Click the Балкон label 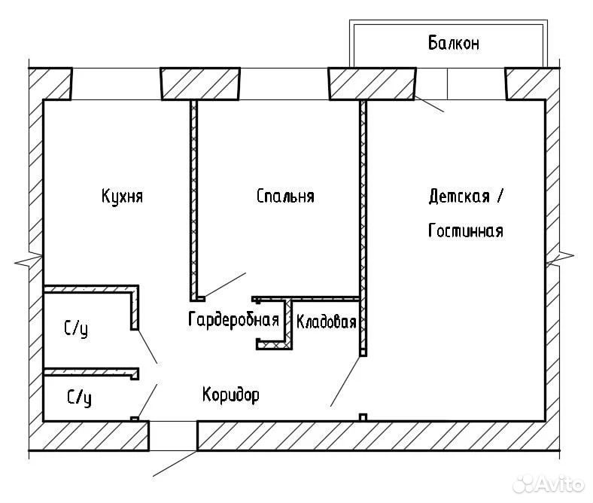[x=454, y=43]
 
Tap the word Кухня [x=122, y=196]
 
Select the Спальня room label [x=285, y=196]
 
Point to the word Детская [x=459, y=196]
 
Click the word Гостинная [x=466, y=230]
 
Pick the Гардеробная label [x=233, y=320]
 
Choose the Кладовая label [x=326, y=322]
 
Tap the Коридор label [x=231, y=395]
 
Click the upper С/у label [x=76, y=328]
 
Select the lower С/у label [x=79, y=398]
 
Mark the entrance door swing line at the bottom [x=175, y=463]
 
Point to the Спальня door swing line [x=226, y=285]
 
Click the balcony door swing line [x=429, y=104]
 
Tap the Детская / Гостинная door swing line [x=345, y=382]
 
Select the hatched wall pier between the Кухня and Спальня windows [x=200, y=84]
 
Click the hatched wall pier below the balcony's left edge [x=373, y=84]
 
